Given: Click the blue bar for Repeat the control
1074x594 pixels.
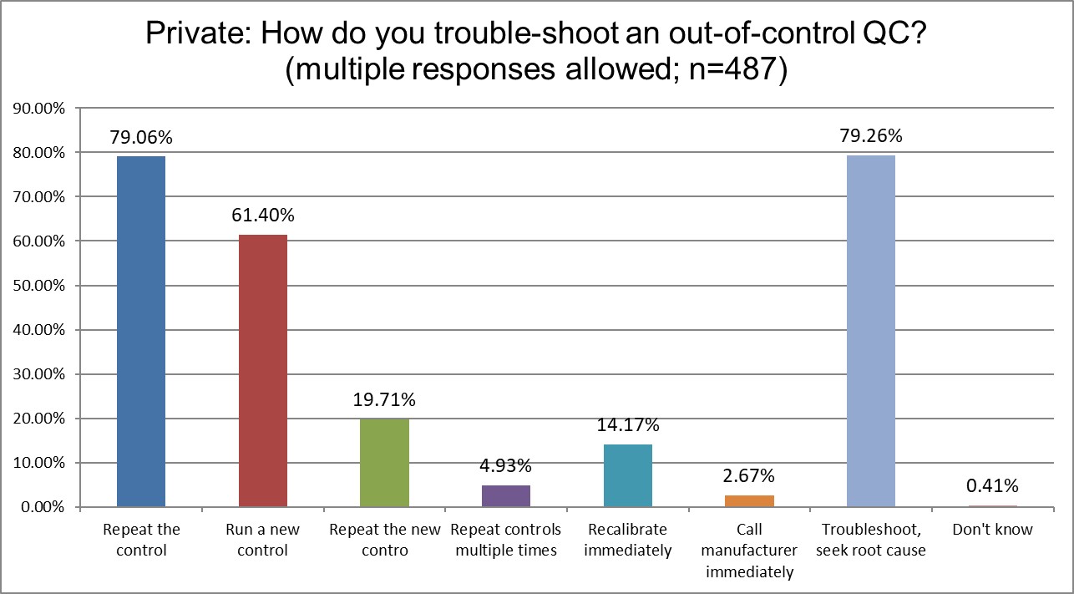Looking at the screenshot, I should click(x=141, y=332).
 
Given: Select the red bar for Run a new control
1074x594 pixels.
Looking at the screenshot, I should click(x=262, y=371).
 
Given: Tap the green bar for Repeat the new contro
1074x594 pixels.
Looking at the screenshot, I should click(x=384, y=463).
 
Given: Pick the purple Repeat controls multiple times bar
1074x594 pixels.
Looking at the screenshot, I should click(x=505, y=496).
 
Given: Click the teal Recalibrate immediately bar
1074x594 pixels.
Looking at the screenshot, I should click(x=627, y=475).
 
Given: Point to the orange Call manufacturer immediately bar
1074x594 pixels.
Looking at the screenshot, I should click(x=749, y=501).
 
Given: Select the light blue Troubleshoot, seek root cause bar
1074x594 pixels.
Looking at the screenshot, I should click(x=871, y=331).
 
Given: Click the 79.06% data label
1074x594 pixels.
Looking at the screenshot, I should click(x=141, y=136).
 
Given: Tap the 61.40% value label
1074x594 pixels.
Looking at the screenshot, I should click(x=262, y=216).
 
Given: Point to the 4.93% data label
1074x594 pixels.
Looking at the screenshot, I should click(x=505, y=466).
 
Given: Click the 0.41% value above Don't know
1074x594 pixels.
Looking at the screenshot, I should click(x=992, y=486).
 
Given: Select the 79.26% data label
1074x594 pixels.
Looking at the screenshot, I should click(x=871, y=135).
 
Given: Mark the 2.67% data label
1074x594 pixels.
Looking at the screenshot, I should click(x=749, y=476).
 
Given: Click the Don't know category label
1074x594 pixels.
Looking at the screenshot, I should click(x=992, y=530).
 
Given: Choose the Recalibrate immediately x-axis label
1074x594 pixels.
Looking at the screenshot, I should click(x=627, y=540).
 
